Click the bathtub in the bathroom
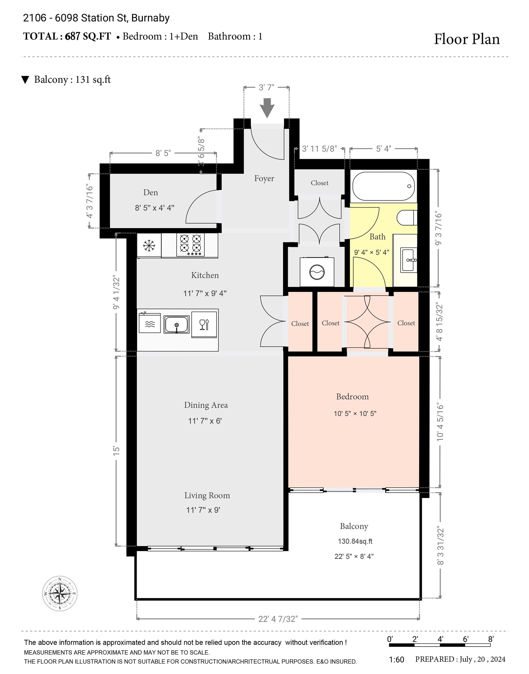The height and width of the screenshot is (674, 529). [x=383, y=186]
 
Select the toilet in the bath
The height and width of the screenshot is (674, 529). [x=407, y=218]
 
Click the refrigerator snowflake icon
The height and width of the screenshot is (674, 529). [x=149, y=246]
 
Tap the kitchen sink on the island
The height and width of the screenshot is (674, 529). [x=177, y=325]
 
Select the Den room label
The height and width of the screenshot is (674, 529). [x=151, y=192]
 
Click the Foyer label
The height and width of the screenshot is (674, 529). [x=264, y=178]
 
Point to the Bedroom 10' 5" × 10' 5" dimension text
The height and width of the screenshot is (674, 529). [x=355, y=414]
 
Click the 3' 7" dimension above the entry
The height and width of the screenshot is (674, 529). [x=266, y=88]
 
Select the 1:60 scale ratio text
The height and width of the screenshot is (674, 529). [x=397, y=660]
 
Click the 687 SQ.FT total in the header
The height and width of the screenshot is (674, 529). [x=88, y=37]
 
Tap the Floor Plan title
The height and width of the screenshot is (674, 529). [x=467, y=39]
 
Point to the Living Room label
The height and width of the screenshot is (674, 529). [x=207, y=496]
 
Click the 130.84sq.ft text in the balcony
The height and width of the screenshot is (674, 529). [x=355, y=541]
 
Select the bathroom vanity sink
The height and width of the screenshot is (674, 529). [x=409, y=260]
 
